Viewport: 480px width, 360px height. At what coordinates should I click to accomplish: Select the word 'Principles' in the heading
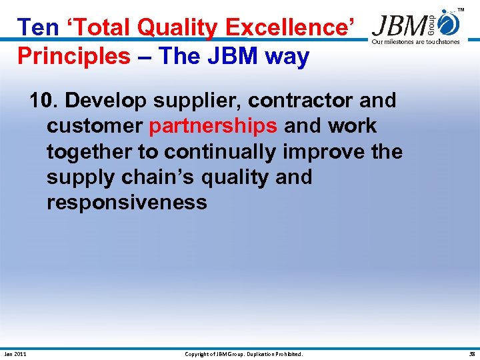[x=74, y=56]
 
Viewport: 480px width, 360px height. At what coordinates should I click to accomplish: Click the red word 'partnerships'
[x=213, y=126]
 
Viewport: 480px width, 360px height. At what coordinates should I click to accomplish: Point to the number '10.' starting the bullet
[x=43, y=101]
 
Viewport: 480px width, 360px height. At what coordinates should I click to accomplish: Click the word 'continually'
[x=219, y=151]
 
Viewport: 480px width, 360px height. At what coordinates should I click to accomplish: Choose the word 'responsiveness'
[x=127, y=202]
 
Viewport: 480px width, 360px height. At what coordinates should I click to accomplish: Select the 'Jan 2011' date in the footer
[x=15, y=354]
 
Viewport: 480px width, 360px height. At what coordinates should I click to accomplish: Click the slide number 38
[x=471, y=354]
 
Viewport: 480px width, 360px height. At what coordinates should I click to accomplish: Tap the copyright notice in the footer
[x=243, y=354]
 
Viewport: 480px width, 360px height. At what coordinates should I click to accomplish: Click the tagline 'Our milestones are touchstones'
[x=415, y=41]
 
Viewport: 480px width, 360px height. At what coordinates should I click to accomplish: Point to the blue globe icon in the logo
[x=451, y=24]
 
